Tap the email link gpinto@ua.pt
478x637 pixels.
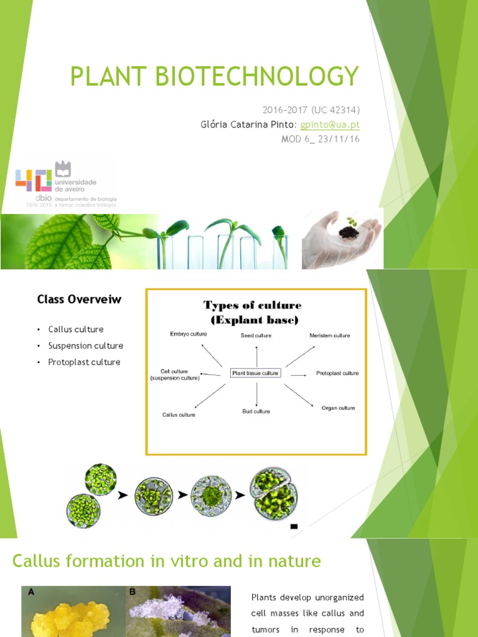pos(330,124)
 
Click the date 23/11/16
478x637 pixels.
pos(339,138)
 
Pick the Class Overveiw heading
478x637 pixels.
pos(79,299)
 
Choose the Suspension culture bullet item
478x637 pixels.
pos(85,345)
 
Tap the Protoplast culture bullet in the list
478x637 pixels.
pos(84,362)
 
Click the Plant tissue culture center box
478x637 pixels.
pos(255,373)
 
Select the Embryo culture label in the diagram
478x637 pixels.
pos(188,334)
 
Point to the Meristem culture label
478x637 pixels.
pos(330,336)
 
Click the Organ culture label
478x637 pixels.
pos(338,408)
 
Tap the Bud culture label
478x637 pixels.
pos(256,412)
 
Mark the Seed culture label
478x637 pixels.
pos(256,336)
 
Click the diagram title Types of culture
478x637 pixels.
pos(253,305)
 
